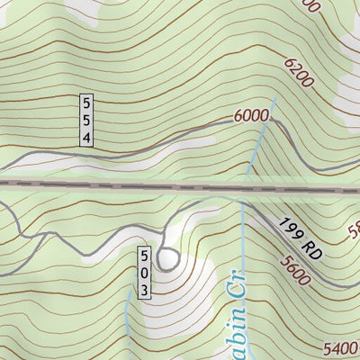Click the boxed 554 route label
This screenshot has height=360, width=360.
click(x=86, y=119)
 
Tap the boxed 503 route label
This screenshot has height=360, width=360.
click(x=144, y=271)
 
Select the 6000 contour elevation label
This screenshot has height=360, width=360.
click(x=251, y=116)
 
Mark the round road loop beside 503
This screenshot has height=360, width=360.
click(x=167, y=259)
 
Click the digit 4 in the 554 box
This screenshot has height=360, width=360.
click(x=86, y=137)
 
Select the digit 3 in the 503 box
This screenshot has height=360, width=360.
click(x=144, y=289)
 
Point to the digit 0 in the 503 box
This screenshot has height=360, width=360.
click(x=144, y=271)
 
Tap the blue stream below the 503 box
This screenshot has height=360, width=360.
click(x=127, y=319)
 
